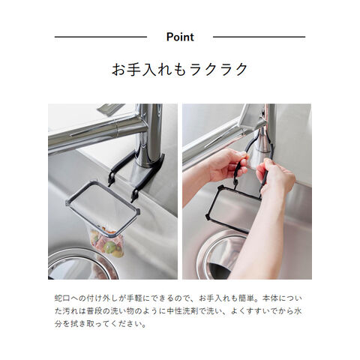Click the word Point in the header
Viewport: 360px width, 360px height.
[x=180, y=37]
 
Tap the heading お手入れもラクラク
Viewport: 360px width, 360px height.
[x=180, y=69]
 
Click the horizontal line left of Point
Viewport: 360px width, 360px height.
[x=100, y=37]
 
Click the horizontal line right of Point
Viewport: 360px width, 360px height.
[x=259, y=37]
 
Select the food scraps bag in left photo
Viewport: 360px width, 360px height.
[x=107, y=242]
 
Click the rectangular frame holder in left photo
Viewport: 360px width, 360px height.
[x=103, y=209]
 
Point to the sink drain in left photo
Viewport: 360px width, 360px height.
[x=82, y=264]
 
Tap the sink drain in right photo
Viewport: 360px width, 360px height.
[x=220, y=256]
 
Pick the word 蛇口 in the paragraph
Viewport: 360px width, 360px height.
[x=62, y=298]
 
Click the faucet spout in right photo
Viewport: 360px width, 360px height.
[x=215, y=140]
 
